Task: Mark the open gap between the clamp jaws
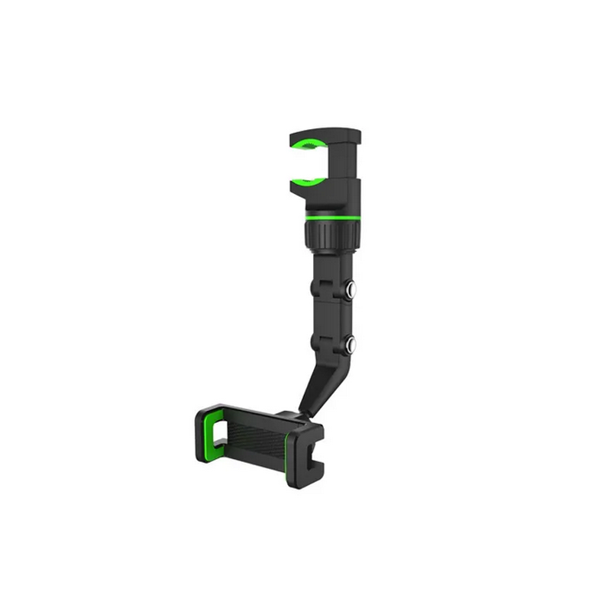(x=309, y=163)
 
